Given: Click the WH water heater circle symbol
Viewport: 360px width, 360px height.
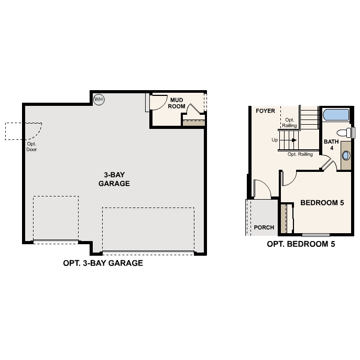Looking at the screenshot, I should click(99, 99).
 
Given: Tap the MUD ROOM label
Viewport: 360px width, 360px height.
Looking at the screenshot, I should click(177, 103).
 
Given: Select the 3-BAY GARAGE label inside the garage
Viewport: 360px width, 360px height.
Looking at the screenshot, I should click(114, 179).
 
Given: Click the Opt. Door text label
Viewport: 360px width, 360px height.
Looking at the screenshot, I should click(31, 146).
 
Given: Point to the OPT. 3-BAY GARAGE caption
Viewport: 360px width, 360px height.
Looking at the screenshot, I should click(103, 263).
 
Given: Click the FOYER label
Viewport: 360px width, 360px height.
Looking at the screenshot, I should click(265, 111).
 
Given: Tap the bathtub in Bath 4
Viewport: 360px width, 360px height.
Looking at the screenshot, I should click(335, 115).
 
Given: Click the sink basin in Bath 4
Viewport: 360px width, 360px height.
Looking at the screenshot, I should click(346, 155).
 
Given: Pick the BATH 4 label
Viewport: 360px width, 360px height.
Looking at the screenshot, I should click(331, 145).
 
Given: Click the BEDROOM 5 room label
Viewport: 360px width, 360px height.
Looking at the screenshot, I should click(322, 203).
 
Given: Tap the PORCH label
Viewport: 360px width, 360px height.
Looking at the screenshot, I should click(264, 227).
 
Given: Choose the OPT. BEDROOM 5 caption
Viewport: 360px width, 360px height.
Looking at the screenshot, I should click(301, 244).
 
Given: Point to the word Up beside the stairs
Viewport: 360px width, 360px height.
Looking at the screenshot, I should click(275, 140).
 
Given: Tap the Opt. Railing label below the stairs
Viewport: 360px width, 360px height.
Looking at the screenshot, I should click(300, 155).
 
